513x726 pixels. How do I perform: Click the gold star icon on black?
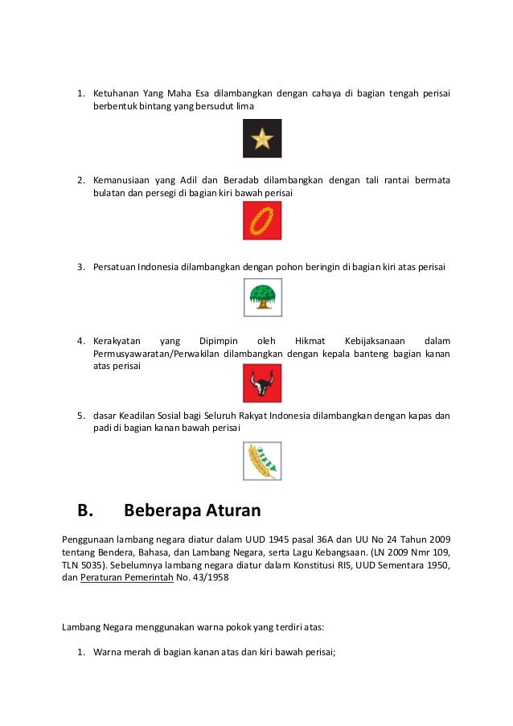point(262,139)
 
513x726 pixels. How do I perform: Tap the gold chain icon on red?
point(262,220)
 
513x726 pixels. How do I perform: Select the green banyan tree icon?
point(262,297)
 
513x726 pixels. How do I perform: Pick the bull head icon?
point(262,383)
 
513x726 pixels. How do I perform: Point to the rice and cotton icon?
point(262,461)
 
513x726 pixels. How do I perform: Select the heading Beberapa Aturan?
point(193,511)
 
